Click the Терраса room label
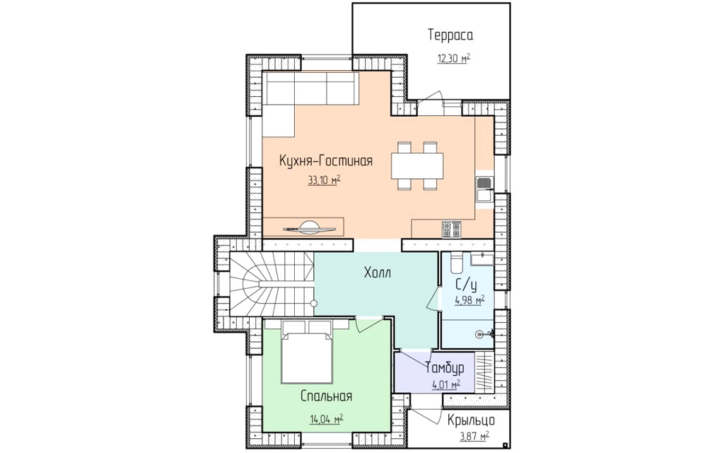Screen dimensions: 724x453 click(x=450, y=35)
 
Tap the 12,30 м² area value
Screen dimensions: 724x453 click(x=454, y=58)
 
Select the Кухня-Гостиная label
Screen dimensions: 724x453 click(x=326, y=161)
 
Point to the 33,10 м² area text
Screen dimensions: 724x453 click(x=324, y=180)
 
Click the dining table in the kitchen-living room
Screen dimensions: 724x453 click(x=417, y=166)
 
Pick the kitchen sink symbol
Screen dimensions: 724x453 click(x=484, y=190)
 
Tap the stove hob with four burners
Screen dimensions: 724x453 click(x=452, y=229)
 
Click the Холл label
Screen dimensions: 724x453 click(x=378, y=273)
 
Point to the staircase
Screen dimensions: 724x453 click(x=271, y=285)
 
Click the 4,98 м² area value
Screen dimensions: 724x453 click(x=469, y=301)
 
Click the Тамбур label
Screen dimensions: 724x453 click(x=445, y=368)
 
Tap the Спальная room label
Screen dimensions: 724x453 click(x=327, y=396)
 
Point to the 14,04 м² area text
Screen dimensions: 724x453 click(x=327, y=419)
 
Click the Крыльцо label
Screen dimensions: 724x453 click(x=471, y=420)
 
